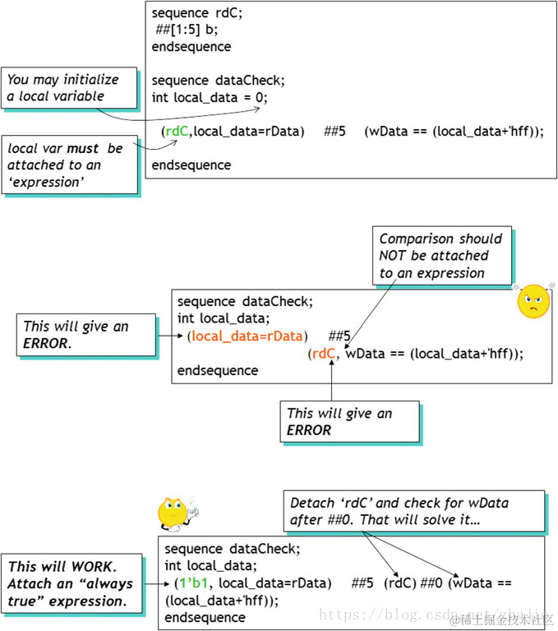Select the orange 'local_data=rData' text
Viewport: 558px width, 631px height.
click(247, 336)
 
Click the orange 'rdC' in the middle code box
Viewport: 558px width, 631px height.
click(324, 354)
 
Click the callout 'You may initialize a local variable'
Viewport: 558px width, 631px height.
click(67, 88)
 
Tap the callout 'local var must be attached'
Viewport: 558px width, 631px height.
click(67, 165)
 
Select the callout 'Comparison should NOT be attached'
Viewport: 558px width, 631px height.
click(440, 256)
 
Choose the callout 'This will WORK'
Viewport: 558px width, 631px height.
click(72, 583)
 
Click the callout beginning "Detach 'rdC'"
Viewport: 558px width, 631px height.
click(413, 511)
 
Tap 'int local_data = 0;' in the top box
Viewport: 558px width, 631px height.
click(210, 97)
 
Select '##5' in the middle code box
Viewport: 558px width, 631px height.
click(339, 336)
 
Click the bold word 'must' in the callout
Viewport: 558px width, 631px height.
click(88, 149)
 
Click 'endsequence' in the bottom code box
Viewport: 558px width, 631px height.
click(205, 617)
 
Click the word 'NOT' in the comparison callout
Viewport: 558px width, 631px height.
click(395, 256)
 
